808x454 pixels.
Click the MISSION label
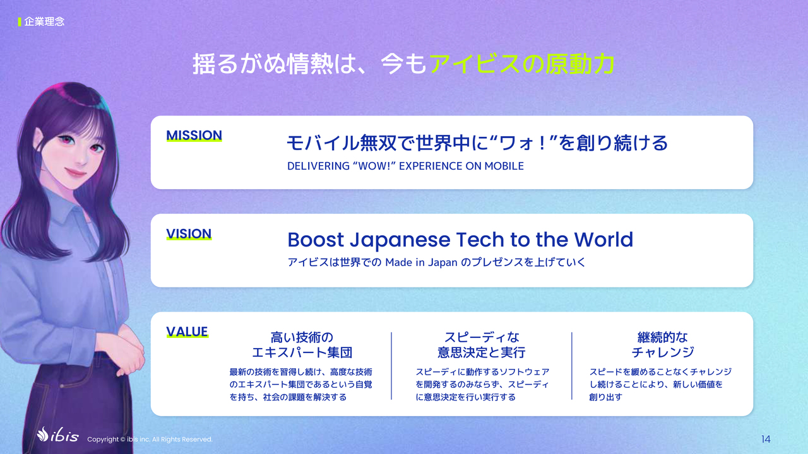pos(194,136)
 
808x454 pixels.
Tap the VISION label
pos(189,234)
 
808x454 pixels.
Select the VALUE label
pos(187,332)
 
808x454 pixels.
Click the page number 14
pos(766,439)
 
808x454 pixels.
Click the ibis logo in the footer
pos(57,435)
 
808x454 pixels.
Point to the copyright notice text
pos(150,439)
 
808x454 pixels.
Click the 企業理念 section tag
pos(44,21)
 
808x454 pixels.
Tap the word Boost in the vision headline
pos(316,240)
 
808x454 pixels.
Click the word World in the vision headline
pos(603,240)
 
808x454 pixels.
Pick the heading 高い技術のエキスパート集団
pos(302,345)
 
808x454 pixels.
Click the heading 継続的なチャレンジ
pos(663,345)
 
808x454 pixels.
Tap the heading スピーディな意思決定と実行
pos(482,345)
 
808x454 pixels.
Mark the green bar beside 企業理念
pos(20,22)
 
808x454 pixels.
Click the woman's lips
pos(76,172)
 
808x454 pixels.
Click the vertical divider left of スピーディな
pos(391,366)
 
